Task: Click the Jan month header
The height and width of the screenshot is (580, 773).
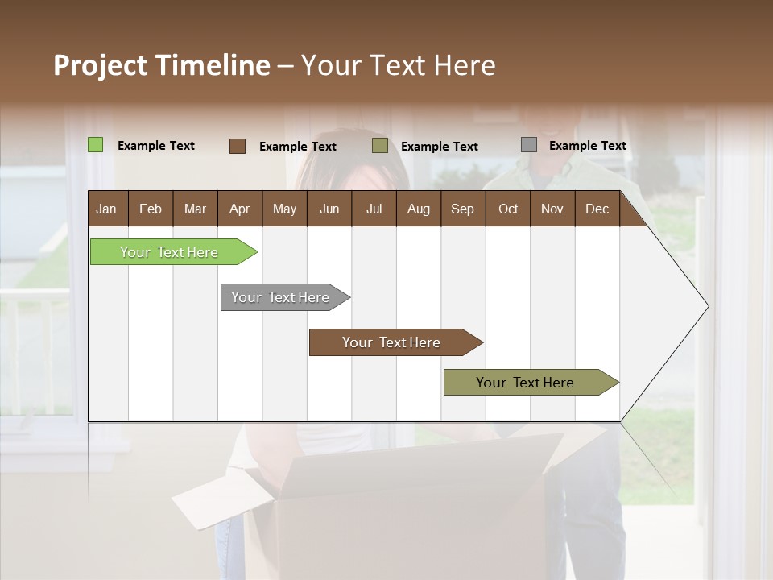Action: pos(106,209)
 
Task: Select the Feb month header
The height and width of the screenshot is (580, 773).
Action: pos(151,209)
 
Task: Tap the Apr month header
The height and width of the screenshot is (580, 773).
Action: pos(239,209)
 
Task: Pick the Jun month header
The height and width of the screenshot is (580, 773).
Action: pos(329,209)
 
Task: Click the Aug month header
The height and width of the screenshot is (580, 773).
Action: pos(418,209)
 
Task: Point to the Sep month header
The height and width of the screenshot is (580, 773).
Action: pos(462,209)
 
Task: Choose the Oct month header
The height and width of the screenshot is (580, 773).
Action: pos(507,209)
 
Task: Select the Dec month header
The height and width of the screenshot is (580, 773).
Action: pos(597,209)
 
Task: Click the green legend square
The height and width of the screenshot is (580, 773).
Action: pos(96,145)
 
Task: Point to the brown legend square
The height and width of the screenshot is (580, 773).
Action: pos(238,146)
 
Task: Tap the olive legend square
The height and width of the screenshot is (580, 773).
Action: pos(380,146)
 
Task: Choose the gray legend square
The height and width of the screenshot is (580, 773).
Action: pos(529,145)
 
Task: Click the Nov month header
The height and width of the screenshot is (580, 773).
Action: pos(552,209)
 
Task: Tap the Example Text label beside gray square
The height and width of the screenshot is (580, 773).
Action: pos(587,146)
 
